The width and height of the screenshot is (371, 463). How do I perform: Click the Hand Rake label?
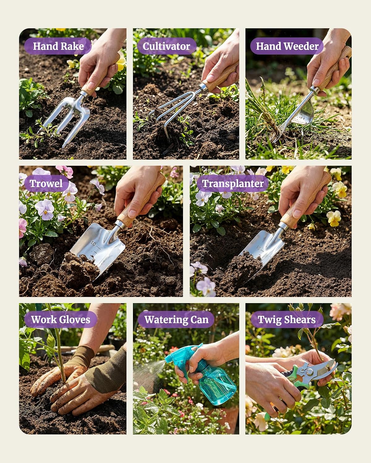point(58,46)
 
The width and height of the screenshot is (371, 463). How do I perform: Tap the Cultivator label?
point(166,46)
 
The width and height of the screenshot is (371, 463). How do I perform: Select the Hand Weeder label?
point(287,46)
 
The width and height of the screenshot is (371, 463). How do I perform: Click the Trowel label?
point(46,184)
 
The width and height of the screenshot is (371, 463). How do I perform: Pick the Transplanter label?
point(233,184)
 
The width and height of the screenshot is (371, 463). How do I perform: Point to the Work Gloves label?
point(61,319)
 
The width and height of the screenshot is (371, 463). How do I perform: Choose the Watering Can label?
point(176,319)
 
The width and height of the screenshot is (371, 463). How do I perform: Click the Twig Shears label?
point(287,319)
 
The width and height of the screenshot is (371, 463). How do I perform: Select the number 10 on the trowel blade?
point(93,244)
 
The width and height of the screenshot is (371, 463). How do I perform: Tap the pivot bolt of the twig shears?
point(309,372)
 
